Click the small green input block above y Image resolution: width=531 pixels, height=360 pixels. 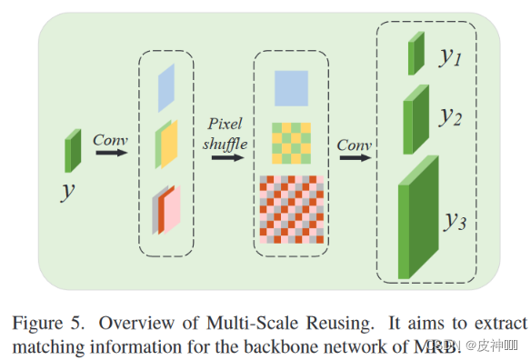click(x=73, y=150)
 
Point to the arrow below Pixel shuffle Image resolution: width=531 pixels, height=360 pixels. click(x=227, y=156)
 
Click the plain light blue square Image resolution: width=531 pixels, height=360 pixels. click(x=292, y=88)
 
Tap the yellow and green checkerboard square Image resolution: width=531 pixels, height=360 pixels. click(x=292, y=143)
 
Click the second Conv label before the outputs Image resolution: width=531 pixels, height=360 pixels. click(x=354, y=145)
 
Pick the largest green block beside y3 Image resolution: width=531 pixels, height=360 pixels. click(x=419, y=217)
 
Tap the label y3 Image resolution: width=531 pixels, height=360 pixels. click(x=456, y=220)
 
